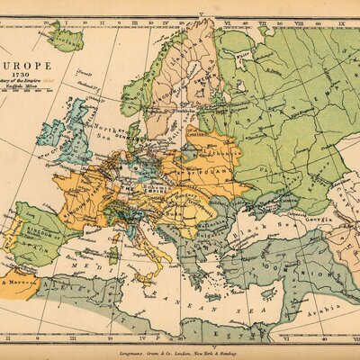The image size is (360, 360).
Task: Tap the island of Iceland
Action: [x=65, y=37]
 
